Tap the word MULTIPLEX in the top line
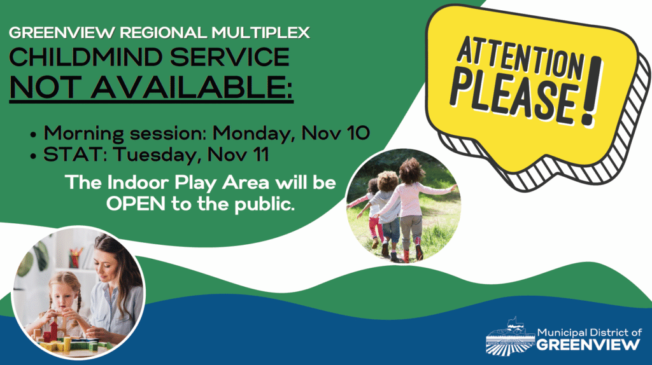[260, 33]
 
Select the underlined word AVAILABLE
[192, 87]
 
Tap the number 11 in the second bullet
[260, 155]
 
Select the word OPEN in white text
[136, 204]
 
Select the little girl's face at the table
[62, 298]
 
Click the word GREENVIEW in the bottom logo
[588, 345]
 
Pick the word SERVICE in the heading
[229, 57]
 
